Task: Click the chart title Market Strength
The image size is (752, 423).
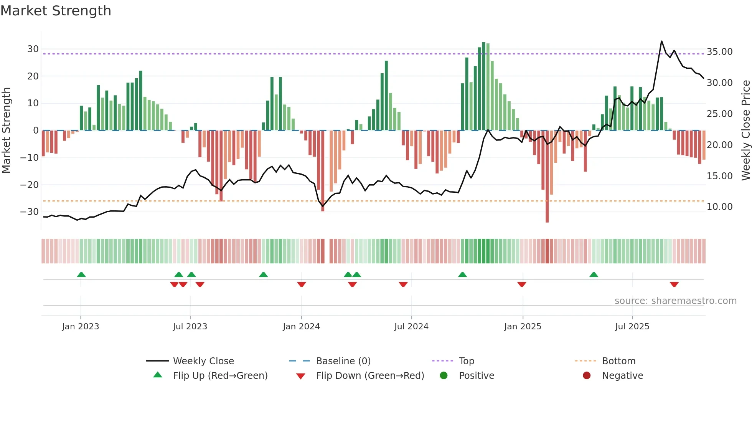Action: (x=56, y=11)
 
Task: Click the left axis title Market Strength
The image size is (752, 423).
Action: (x=6, y=130)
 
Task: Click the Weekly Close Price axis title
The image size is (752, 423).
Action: (x=745, y=130)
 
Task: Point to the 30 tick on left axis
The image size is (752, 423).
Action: (x=33, y=49)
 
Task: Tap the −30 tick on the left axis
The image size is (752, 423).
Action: (x=30, y=212)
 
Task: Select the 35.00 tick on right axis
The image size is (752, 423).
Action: (x=719, y=52)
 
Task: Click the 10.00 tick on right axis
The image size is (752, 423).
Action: (x=719, y=207)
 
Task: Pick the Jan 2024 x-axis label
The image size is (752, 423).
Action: (x=301, y=327)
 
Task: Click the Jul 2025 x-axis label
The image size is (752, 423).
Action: (x=632, y=327)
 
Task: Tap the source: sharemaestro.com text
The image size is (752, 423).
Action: (x=675, y=301)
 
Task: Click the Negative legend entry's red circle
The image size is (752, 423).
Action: (x=587, y=376)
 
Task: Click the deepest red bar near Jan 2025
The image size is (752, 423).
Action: (x=547, y=177)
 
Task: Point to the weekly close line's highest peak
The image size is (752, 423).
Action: (x=661, y=41)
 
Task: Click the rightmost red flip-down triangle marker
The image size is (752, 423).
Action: (x=674, y=284)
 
